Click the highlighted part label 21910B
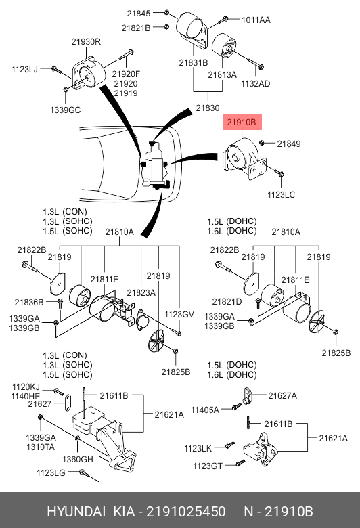click(242, 122)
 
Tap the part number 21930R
click(86, 42)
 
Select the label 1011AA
click(256, 20)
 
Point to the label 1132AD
click(256, 83)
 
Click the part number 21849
click(289, 144)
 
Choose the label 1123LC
click(282, 195)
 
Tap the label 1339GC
click(66, 110)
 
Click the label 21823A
click(141, 293)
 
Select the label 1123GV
click(179, 315)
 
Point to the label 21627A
click(283, 396)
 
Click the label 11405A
click(205, 410)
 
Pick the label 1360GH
click(78, 459)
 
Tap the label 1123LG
click(51, 473)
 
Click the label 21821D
click(227, 302)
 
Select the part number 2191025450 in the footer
click(186, 512)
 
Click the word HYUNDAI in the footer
click(76, 512)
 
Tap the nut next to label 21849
click(262, 143)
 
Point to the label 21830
click(208, 108)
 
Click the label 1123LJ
click(24, 69)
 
